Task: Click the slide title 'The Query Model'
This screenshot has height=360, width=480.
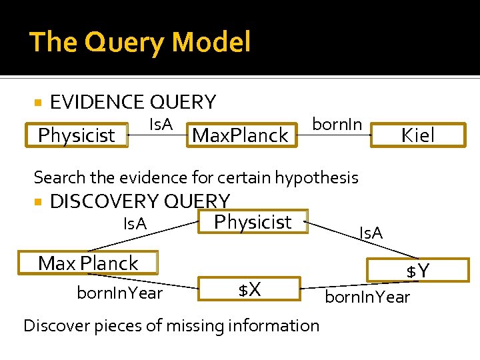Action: [x=140, y=42]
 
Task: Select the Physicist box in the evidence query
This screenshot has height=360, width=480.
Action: [x=77, y=135]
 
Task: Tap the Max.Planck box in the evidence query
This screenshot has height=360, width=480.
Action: [x=240, y=135]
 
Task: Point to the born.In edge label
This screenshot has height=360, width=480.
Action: [x=337, y=124]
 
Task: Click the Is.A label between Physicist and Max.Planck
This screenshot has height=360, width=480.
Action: [x=160, y=124]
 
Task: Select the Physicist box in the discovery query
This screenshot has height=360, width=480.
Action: [x=253, y=222]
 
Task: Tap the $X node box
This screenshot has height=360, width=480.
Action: [x=249, y=289]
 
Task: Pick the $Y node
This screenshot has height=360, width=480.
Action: [x=418, y=271]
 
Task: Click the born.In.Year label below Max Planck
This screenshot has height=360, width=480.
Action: [x=120, y=293]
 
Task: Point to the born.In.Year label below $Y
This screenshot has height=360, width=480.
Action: [x=367, y=297]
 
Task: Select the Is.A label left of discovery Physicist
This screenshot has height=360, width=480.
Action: [x=135, y=224]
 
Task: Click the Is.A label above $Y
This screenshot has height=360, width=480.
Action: [x=371, y=233]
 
